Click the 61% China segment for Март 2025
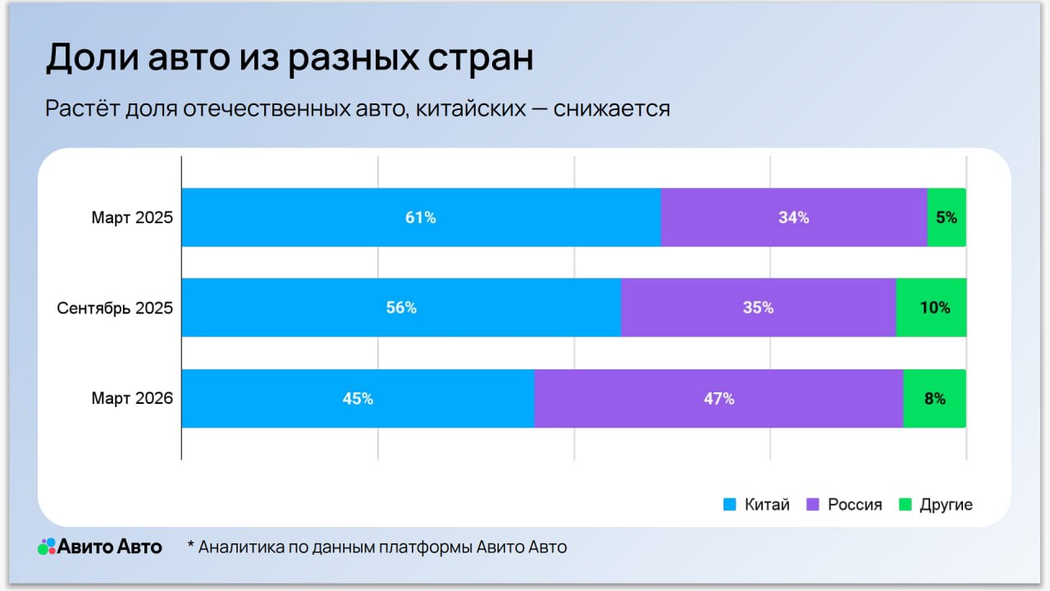421,218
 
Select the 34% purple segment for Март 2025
793,218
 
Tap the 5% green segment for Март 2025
946,218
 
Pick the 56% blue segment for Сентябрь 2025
401,308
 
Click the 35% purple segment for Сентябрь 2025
758,308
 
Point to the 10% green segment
931,308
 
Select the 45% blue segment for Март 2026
358,399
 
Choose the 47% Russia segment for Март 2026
719,399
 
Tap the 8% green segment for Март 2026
934,399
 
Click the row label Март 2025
132,218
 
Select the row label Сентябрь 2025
115,309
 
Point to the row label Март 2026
132,399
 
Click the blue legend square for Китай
729,505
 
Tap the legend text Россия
855,505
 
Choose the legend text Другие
946,505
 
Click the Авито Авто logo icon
47,547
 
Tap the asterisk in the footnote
191,545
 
